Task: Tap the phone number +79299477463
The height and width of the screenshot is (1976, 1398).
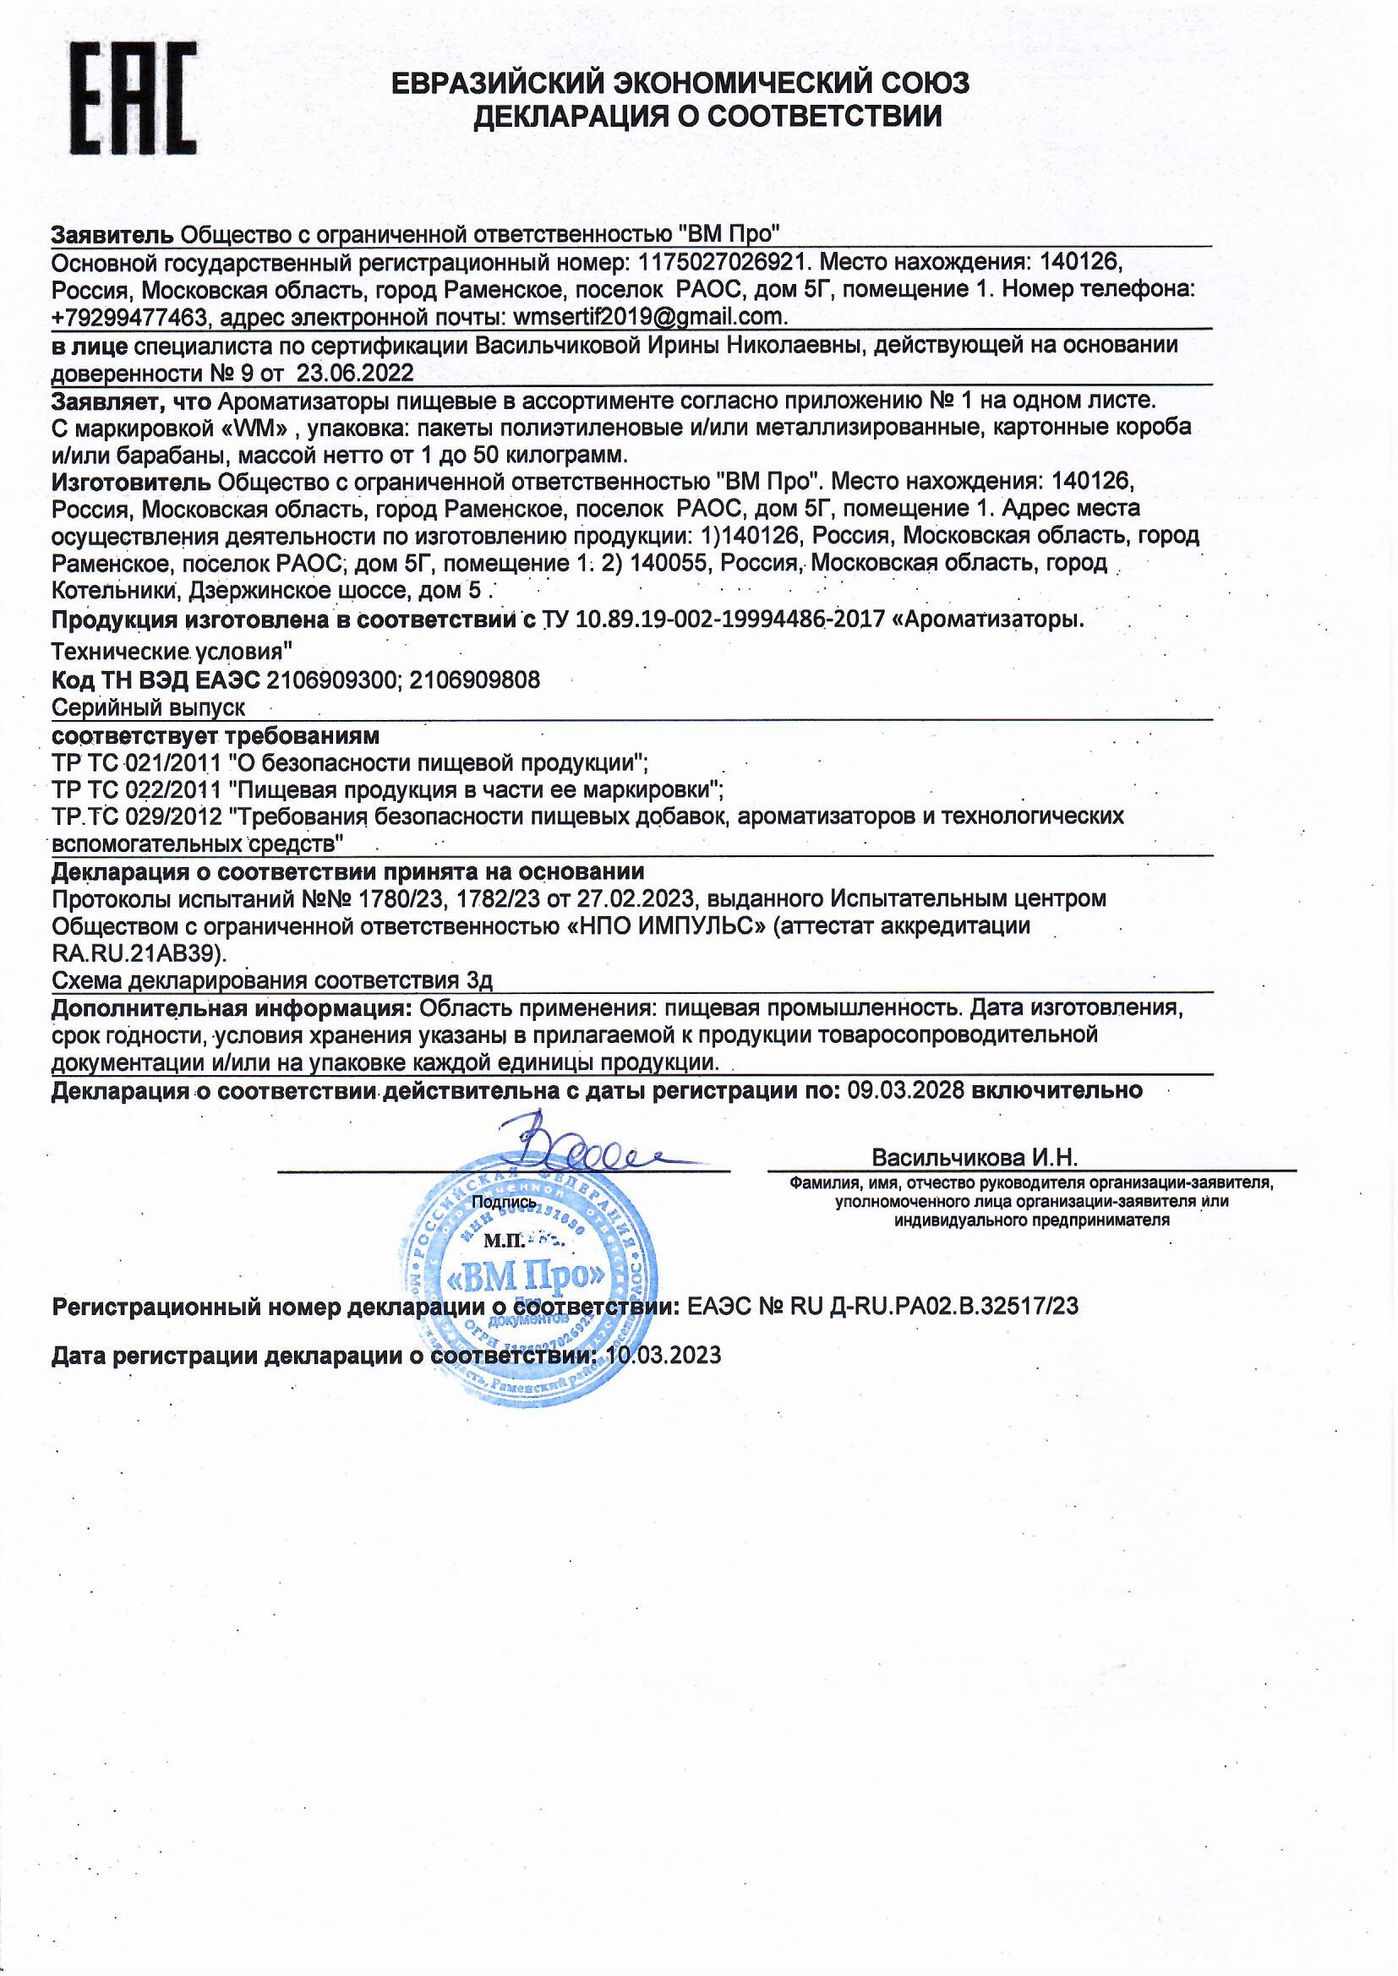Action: pyautogui.click(x=130, y=318)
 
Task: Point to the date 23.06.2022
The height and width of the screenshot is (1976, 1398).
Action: pyautogui.click(x=356, y=373)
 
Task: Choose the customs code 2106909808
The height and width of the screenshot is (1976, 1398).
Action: pyautogui.click(x=474, y=680)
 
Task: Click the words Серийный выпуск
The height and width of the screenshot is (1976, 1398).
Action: pyautogui.click(x=149, y=707)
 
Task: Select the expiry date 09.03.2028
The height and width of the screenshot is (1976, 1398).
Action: pyautogui.click(x=906, y=1090)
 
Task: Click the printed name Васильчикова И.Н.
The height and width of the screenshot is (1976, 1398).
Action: pyautogui.click(x=975, y=1157)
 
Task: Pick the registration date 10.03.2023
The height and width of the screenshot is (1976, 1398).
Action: pyautogui.click(x=664, y=1356)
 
